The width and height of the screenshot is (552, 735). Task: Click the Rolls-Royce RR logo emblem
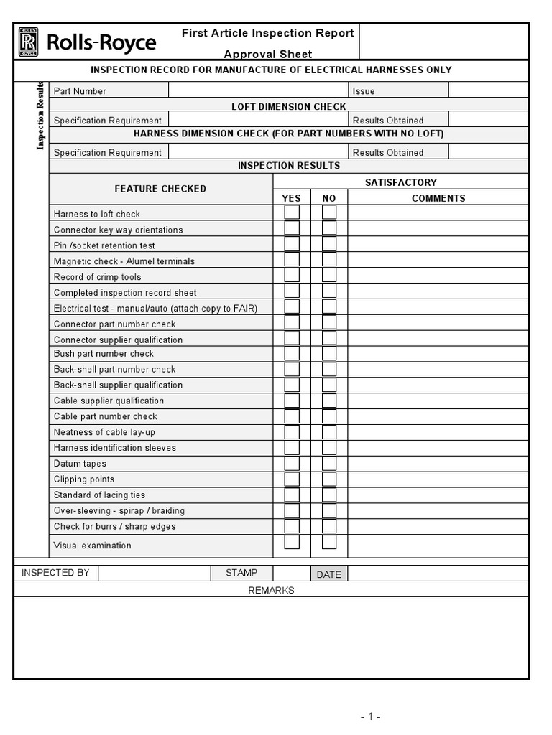coord(28,42)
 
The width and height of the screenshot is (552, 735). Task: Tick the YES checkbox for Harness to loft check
coord(292,212)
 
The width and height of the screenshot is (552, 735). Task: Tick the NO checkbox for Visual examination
coord(329,543)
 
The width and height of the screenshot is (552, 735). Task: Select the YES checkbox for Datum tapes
coord(292,464)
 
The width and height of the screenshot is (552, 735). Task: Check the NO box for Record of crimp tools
coord(329,275)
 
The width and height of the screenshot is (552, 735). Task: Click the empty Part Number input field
coord(258,90)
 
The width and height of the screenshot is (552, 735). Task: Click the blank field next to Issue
coord(488,90)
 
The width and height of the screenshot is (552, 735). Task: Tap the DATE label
coord(328,574)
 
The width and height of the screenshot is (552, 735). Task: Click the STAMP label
coord(241,573)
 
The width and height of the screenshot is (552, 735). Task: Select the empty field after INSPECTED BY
coord(154,573)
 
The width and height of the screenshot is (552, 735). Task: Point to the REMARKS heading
coord(271,590)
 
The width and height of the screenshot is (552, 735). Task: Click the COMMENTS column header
coord(438,198)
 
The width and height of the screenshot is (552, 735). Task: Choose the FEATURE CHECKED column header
coord(160,189)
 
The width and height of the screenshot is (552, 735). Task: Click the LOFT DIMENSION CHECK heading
coord(288,106)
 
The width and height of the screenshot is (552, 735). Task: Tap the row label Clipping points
coord(84,479)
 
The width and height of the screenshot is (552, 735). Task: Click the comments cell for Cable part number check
coord(438,416)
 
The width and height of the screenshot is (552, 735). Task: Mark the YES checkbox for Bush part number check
coord(292,353)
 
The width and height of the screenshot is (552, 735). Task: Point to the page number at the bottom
coord(370,716)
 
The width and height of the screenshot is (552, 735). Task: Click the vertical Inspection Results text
coord(41,116)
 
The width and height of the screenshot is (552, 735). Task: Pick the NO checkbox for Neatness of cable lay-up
coord(329,432)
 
